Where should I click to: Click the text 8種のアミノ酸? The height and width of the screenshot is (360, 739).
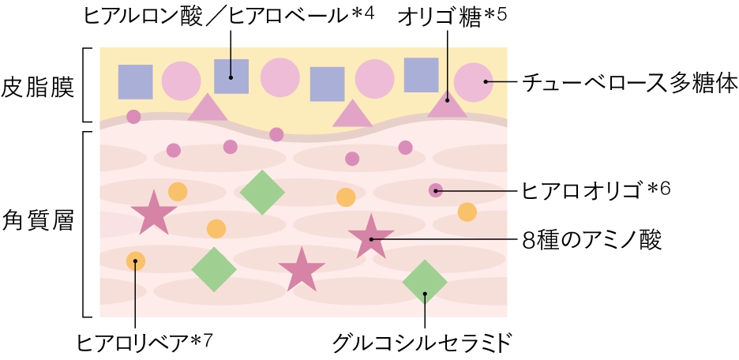click(x=592, y=240)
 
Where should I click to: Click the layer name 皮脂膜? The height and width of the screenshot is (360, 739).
click(x=38, y=88)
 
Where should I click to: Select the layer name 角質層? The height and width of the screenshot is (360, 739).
click(x=38, y=220)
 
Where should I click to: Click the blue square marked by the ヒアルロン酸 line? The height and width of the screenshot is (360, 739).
click(x=231, y=77)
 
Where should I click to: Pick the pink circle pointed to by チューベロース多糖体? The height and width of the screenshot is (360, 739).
click(x=474, y=82)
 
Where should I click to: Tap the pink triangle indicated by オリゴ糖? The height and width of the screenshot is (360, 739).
click(x=447, y=104)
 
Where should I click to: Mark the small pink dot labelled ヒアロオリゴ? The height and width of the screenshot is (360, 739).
click(x=436, y=190)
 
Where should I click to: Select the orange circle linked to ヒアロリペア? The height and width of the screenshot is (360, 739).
click(x=136, y=261)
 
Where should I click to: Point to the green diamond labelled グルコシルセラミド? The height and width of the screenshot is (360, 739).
click(x=425, y=282)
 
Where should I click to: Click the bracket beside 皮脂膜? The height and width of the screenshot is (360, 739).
click(x=88, y=84)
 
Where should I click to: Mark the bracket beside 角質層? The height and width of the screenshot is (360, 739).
click(x=88, y=224)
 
